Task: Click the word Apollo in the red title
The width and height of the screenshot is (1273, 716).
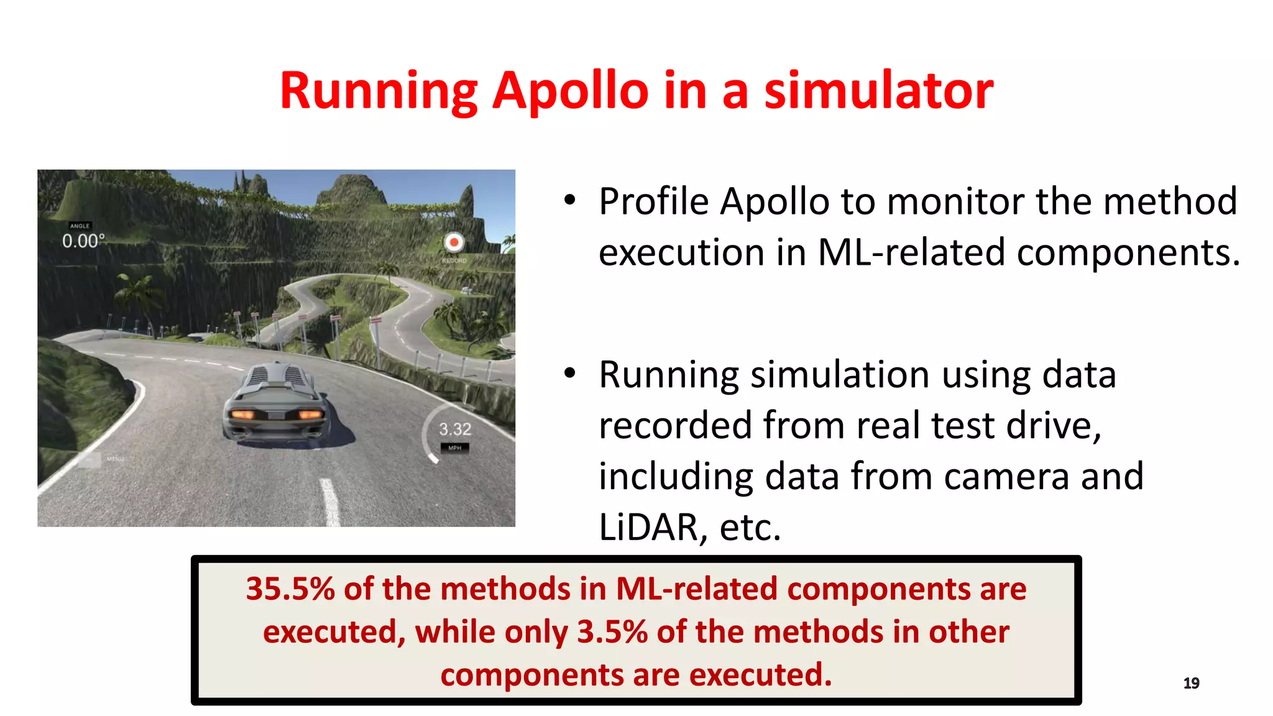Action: pyautogui.click(x=570, y=91)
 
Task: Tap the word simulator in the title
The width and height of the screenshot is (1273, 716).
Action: pyautogui.click(x=878, y=91)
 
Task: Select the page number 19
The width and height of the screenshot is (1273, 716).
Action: pyautogui.click(x=1191, y=683)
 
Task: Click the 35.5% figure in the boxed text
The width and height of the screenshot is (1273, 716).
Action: pyautogui.click(x=290, y=589)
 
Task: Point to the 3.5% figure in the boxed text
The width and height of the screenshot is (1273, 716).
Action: pyautogui.click(x=612, y=632)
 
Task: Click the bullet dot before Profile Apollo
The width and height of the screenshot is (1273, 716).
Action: pyautogui.click(x=570, y=200)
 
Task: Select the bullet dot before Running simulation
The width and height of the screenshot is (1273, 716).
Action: pyautogui.click(x=570, y=373)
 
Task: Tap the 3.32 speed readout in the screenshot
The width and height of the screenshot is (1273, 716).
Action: pyautogui.click(x=455, y=429)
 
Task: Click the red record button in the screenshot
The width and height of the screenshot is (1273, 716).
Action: pyautogui.click(x=454, y=242)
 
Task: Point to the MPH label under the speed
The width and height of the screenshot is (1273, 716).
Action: pyautogui.click(x=455, y=447)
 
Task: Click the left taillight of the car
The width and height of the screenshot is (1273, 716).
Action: pyautogui.click(x=243, y=415)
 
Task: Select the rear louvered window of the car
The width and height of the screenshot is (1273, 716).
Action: pyautogui.click(x=278, y=376)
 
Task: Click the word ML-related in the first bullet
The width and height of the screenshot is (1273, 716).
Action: pyautogui.click(x=911, y=252)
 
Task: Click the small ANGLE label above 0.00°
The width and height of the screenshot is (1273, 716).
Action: pyautogui.click(x=80, y=226)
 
